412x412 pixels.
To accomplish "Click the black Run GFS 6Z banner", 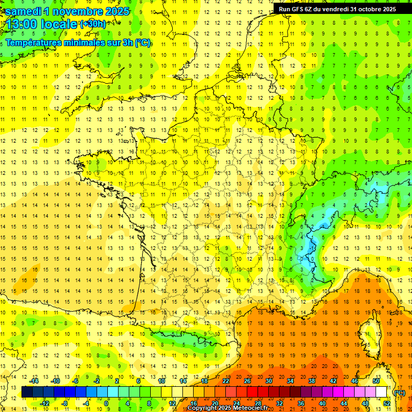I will pyautogui.click(x=337, y=9).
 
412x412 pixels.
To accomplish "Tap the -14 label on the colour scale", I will pyautogui.click(x=34, y=381).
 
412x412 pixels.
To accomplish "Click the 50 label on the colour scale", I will pyautogui.click(x=376, y=381).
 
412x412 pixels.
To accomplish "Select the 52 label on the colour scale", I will pyautogui.click(x=386, y=403).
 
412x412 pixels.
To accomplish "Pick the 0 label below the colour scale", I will pyautogui.click(x=107, y=403).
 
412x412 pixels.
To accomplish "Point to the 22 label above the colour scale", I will pyautogui.click(x=226, y=381).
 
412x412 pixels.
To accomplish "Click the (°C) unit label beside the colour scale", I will pyautogui.click(x=400, y=392).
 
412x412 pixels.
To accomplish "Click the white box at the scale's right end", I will pyautogui.click(x=381, y=392).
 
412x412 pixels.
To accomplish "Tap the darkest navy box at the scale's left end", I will pyautogui.click(x=27, y=392).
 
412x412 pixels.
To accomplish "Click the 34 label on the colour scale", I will pyautogui.click(x=290, y=381).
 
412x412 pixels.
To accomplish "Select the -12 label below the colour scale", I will pyautogui.click(x=45, y=403).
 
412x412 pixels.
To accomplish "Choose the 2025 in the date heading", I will pyautogui.click(x=114, y=11).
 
